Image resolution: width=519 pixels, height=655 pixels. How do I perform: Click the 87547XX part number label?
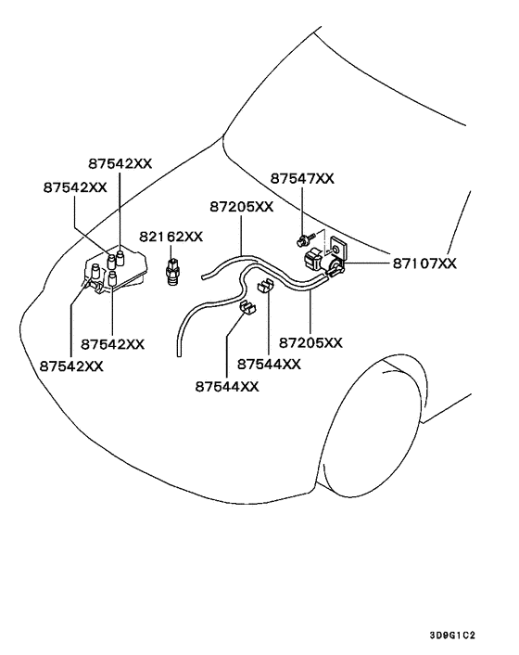tap(302, 178)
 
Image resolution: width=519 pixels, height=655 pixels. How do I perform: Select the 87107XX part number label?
tap(424, 263)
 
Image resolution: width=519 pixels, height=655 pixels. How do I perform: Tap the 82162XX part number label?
tap(171, 237)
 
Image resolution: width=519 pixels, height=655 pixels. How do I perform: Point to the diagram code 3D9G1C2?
tap(452, 636)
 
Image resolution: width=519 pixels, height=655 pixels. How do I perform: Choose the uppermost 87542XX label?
tap(120, 163)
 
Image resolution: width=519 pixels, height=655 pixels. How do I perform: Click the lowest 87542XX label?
tap(71, 366)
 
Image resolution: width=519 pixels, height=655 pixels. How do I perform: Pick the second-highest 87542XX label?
tap(75, 187)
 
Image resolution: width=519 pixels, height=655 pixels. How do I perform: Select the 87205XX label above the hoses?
tap(242, 207)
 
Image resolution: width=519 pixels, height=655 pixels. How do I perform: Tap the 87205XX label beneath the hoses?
tap(310, 343)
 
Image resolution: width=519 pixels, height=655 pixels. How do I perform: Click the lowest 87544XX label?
tap(227, 387)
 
